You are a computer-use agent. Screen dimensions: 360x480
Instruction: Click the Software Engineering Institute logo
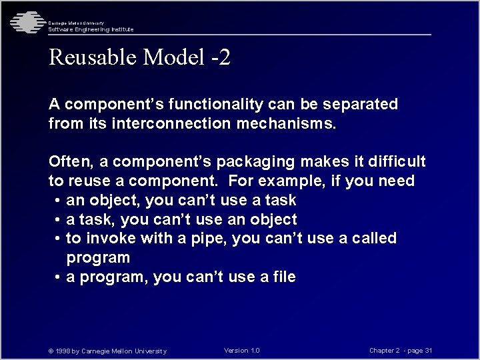[25, 23]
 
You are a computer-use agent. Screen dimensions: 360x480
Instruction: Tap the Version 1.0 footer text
[241, 351]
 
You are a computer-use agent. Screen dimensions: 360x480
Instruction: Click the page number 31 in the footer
[428, 351]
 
